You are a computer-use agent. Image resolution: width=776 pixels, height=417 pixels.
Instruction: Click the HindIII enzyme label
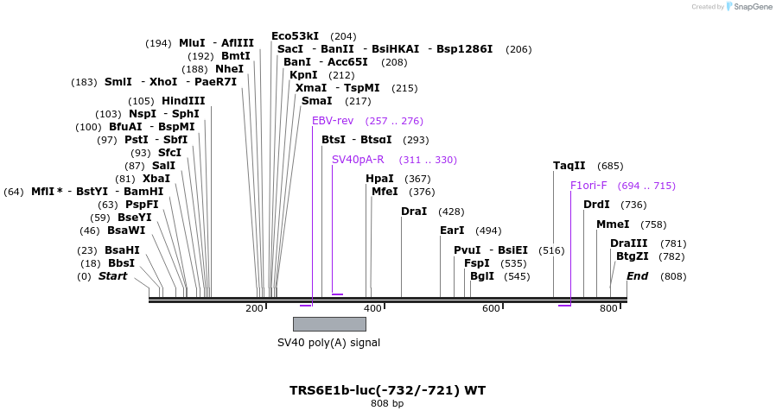(183, 101)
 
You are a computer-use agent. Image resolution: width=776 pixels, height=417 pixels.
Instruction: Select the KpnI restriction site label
(303, 75)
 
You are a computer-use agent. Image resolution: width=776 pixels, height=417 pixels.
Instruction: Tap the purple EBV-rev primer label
(333, 121)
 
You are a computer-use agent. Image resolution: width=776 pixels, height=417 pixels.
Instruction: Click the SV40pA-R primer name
(358, 160)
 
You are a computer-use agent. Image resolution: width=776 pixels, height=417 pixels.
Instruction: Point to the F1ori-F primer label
(588, 186)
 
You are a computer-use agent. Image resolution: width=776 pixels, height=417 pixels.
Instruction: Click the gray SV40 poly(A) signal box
(329, 324)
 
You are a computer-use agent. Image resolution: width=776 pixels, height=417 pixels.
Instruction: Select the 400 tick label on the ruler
(372, 309)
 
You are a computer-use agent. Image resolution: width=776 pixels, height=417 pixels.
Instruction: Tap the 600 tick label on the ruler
(491, 309)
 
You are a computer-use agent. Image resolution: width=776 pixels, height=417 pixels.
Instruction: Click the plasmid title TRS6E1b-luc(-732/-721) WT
(387, 390)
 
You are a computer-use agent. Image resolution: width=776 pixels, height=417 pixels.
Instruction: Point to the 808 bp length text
(387, 404)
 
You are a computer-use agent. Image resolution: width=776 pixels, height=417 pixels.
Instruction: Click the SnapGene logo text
(753, 7)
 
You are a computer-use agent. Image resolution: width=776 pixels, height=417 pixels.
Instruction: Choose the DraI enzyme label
(414, 212)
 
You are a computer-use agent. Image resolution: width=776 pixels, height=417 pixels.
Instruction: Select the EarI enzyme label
(452, 231)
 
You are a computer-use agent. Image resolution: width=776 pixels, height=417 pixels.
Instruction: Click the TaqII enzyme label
(569, 166)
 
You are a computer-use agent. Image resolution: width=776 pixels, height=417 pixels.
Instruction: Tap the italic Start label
(113, 276)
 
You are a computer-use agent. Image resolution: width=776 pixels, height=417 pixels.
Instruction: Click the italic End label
(637, 276)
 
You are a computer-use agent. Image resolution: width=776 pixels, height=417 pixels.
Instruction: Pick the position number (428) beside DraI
(451, 212)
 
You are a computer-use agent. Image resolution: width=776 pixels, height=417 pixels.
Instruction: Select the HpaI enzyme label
(379, 179)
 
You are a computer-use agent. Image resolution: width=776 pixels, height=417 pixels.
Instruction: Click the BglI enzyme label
(482, 276)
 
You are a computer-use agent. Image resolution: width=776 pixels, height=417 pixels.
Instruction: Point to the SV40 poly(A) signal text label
(328, 342)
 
